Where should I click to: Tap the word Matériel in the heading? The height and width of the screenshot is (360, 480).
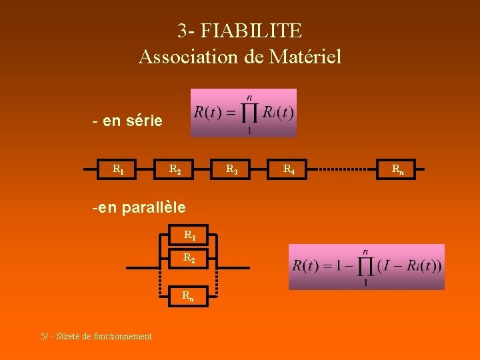[305, 57]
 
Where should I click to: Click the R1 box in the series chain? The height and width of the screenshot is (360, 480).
[117, 170]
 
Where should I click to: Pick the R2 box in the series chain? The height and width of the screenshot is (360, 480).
[175, 170]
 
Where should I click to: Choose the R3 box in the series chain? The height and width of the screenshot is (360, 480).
[231, 170]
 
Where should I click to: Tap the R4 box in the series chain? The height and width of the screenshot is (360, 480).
[289, 170]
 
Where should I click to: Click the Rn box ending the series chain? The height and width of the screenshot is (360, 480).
[397, 170]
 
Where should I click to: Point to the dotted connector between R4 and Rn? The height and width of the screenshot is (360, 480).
[343, 170]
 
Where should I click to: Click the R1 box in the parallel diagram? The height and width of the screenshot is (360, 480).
[189, 235]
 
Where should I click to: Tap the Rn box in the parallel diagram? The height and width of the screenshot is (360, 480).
[189, 295]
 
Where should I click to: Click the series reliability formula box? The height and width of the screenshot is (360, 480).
[243, 113]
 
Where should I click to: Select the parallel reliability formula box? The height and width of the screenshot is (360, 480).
[366, 267]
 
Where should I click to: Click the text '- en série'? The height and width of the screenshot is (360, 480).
[127, 121]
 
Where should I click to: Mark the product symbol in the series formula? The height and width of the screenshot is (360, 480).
[249, 112]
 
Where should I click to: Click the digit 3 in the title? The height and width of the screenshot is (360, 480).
[182, 31]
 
